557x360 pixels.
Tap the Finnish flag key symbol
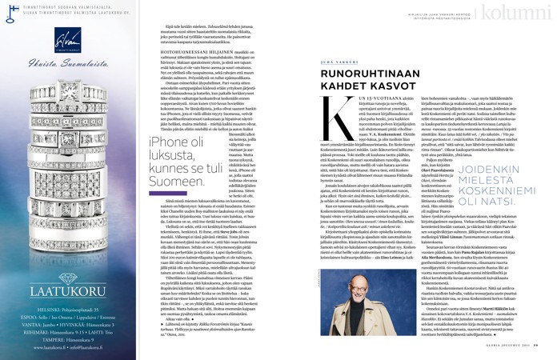[x=7, y=9]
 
